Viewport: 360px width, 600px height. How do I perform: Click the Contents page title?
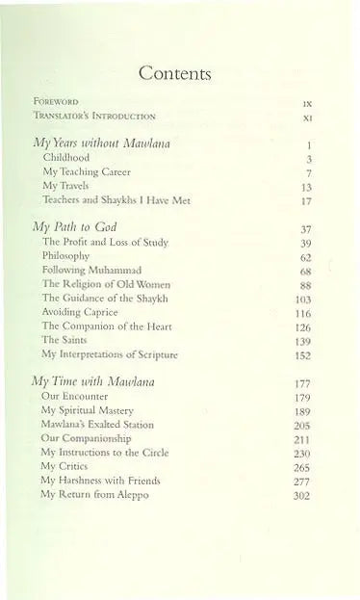[x=175, y=72]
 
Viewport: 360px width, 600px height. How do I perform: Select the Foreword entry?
[x=56, y=100]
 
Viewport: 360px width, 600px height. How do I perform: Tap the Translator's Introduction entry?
[x=93, y=116]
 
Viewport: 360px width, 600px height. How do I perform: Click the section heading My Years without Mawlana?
[x=102, y=143]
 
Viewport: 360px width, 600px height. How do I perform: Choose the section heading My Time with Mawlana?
[x=93, y=381]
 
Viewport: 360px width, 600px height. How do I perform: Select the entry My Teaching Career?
[x=87, y=171]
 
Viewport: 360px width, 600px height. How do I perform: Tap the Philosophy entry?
[x=65, y=256]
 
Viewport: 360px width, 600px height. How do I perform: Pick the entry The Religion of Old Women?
[x=106, y=284]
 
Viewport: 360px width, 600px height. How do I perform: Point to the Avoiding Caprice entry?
[x=79, y=313]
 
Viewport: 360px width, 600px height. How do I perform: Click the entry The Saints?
[x=64, y=341]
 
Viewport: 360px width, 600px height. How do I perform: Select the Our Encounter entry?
[x=75, y=396]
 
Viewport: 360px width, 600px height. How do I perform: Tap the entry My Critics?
[x=64, y=466]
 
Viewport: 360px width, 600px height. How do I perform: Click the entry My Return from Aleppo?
[x=94, y=494]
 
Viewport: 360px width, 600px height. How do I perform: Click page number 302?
[x=302, y=495]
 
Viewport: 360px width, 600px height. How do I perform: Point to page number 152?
[x=302, y=355]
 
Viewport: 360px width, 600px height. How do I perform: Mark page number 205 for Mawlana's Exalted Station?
[x=302, y=425]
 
